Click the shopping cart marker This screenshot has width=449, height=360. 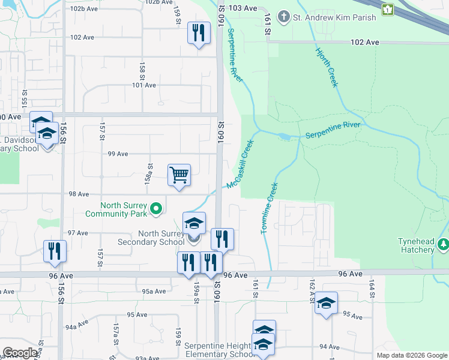pyautogui.click(x=179, y=175)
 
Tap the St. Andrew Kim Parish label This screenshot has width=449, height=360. pyautogui.click(x=334, y=17)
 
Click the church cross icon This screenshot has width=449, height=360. pyautogui.click(x=285, y=17)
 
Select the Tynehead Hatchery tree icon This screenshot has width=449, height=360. pyautogui.click(x=443, y=244)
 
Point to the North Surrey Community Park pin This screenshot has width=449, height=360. pyautogui.click(x=156, y=209)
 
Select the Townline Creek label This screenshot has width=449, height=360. pyautogui.click(x=268, y=208)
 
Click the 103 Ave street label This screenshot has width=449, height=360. pyautogui.click(x=243, y=8)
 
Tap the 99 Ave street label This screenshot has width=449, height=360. pyautogui.click(x=118, y=154)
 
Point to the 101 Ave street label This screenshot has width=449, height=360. pyautogui.click(x=144, y=85)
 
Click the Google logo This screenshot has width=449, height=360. pyautogui.click(x=20, y=353)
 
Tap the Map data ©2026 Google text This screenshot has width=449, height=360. pyautogui.click(x=411, y=355)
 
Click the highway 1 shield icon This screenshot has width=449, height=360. pyautogui.click(x=388, y=9)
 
